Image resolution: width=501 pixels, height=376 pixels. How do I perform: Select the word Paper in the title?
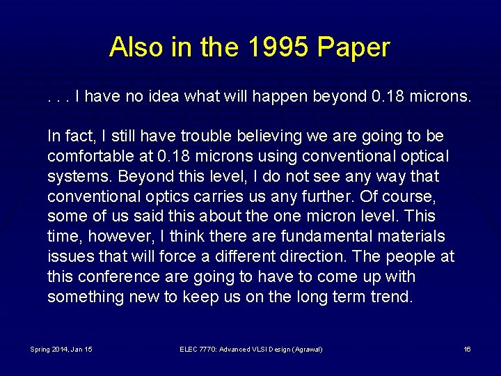pyautogui.click(x=354, y=47)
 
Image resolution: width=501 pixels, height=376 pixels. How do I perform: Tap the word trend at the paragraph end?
pyautogui.click(x=391, y=297)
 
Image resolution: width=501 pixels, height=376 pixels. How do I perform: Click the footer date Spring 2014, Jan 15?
pyautogui.click(x=61, y=349)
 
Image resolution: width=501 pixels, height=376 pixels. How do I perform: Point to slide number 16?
pyautogui.click(x=467, y=349)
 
